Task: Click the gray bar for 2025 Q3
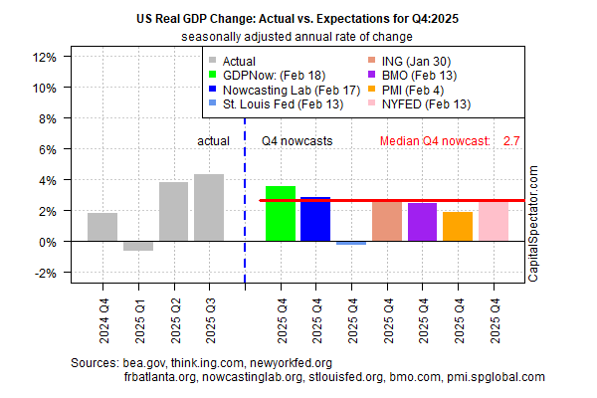209,208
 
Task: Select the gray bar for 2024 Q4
102,227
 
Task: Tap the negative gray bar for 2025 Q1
138,246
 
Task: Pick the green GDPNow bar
281,214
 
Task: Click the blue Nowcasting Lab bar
315,219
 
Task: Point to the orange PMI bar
458,227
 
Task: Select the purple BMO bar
422,222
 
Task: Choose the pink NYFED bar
494,221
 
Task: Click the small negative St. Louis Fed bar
351,243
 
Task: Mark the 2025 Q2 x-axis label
174,310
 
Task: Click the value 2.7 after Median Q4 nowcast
512,141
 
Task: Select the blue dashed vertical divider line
245,199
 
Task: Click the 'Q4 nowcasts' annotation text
296,141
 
